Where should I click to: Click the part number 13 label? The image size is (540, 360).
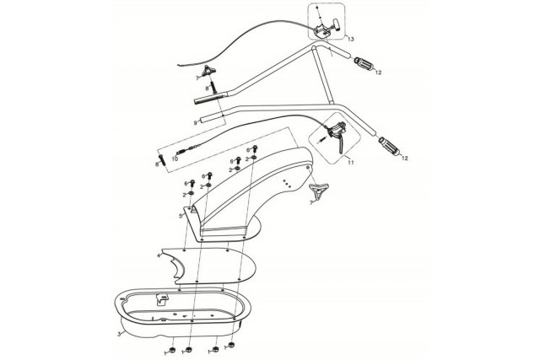point(351,40)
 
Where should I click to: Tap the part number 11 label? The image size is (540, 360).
point(351,163)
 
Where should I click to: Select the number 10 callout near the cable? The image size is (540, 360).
point(175,159)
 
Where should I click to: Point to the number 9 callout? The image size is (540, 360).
point(195,123)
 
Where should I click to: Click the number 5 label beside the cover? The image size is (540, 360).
point(180,216)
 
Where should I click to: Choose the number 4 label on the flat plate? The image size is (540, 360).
point(159,255)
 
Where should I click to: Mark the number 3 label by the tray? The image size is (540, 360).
point(119,334)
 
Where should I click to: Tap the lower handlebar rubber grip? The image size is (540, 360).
point(389,146)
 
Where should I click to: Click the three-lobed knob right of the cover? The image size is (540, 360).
point(319,191)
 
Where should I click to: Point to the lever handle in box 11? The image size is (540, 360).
point(341,143)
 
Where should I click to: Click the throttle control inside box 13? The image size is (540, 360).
point(327,29)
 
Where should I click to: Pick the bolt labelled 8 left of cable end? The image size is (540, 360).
point(162,160)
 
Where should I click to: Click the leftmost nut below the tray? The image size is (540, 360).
point(173,350)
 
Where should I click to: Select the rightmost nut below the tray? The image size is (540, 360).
point(231,346)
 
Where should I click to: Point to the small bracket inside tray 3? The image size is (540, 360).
point(162,299)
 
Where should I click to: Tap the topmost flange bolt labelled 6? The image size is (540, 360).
point(255,148)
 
